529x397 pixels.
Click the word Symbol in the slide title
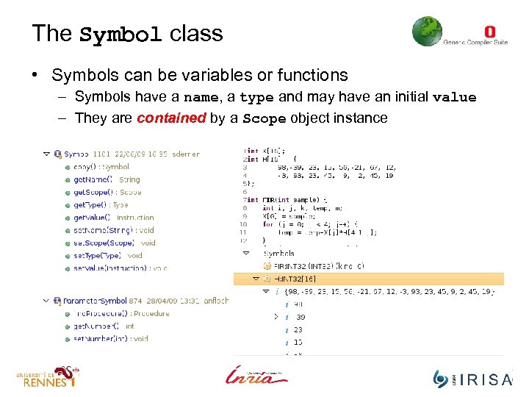click(120, 35)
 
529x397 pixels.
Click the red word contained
click(171, 118)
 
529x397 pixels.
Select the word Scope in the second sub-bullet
click(264, 118)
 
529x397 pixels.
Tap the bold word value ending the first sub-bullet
click(454, 97)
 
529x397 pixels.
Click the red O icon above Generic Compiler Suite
click(490, 32)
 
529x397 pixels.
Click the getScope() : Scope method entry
click(107, 192)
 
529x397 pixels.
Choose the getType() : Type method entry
click(101, 205)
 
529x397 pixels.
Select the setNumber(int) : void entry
click(110, 339)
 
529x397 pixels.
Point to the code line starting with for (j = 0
click(309, 224)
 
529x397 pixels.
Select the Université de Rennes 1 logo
click(47, 377)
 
